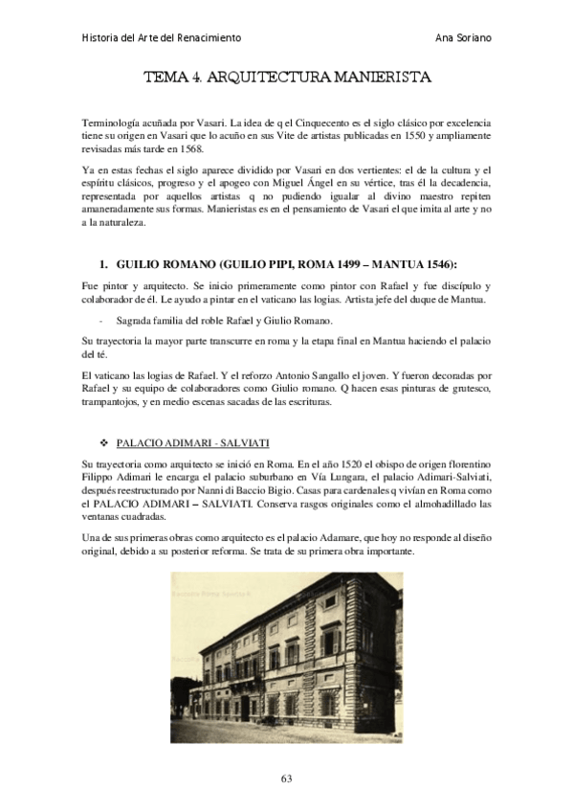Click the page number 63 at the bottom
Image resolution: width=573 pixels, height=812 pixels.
(286, 777)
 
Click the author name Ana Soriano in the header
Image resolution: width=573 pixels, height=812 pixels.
(464, 37)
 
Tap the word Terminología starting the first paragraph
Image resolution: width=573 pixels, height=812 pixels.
(112, 124)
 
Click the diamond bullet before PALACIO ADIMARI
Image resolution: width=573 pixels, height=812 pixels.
(105, 444)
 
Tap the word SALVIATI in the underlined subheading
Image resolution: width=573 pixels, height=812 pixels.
(246, 444)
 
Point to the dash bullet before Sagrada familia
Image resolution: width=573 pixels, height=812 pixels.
(100, 319)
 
